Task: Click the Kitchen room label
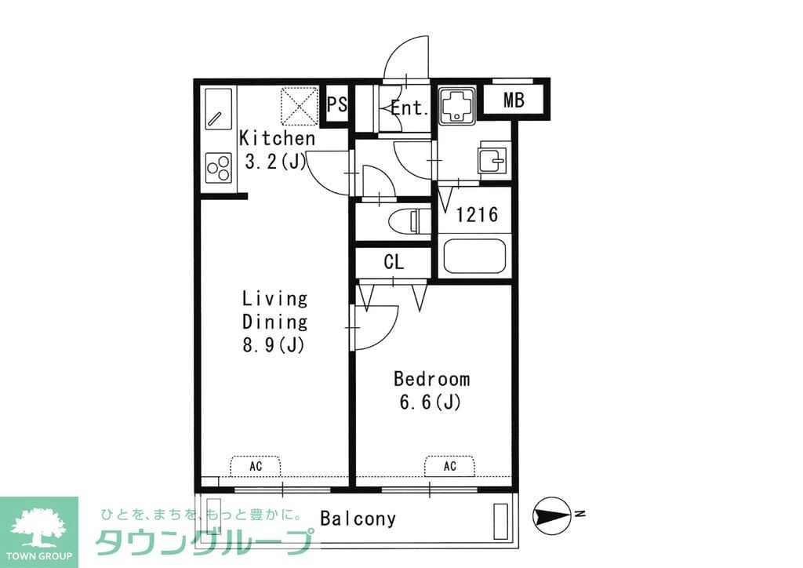(x=277, y=139)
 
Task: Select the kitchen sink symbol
(x=219, y=110)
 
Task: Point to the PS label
(x=337, y=105)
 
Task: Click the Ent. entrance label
(x=409, y=108)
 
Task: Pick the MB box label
(x=514, y=100)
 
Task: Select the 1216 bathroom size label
(x=477, y=214)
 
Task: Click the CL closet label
(x=394, y=263)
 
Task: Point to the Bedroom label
(x=431, y=380)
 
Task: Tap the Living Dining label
(x=274, y=310)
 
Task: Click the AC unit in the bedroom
(x=449, y=466)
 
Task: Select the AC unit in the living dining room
(x=256, y=466)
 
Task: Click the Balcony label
(x=358, y=519)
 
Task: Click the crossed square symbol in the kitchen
(x=300, y=105)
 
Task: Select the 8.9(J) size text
(x=274, y=344)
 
